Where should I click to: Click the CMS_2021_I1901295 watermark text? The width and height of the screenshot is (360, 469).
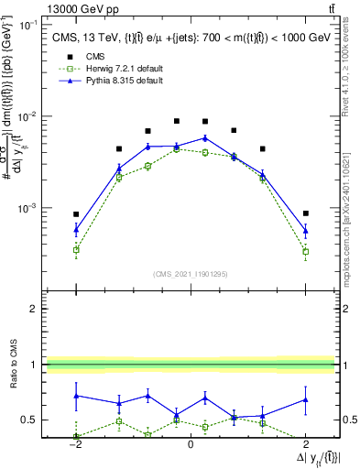click(x=190, y=274)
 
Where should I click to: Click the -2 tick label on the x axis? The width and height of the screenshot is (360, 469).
click(x=76, y=445)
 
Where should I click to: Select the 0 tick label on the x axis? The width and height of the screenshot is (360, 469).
click(x=190, y=445)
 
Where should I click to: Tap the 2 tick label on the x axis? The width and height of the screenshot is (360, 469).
click(x=305, y=445)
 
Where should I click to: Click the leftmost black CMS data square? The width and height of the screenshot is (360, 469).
click(x=76, y=213)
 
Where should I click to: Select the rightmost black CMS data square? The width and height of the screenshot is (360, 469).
click(x=306, y=213)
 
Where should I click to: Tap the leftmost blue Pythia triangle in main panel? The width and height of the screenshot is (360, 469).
click(x=76, y=230)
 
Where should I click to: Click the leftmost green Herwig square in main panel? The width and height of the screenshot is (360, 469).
click(x=76, y=249)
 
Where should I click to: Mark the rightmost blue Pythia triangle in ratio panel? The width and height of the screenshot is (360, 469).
click(x=306, y=399)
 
